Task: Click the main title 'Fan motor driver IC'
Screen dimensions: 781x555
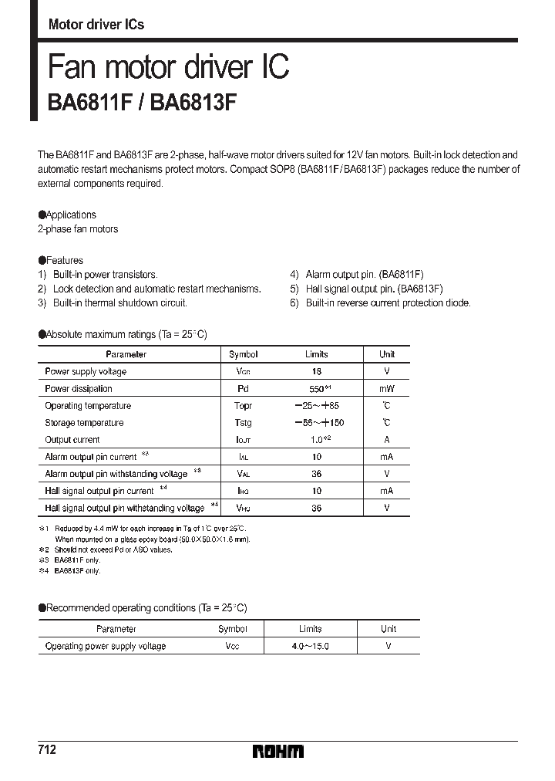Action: click(169, 68)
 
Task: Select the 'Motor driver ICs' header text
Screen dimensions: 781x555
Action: click(96, 25)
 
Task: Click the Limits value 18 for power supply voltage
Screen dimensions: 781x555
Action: click(316, 371)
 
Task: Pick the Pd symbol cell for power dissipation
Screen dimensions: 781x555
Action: click(243, 388)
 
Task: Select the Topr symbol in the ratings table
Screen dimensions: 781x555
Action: click(243, 405)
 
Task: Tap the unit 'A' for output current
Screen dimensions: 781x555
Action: click(387, 439)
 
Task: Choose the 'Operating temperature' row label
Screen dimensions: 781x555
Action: click(88, 405)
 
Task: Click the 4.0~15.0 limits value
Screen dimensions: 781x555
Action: click(310, 646)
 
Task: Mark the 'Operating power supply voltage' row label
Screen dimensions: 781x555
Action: click(106, 646)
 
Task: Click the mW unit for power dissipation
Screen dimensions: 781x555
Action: click(387, 388)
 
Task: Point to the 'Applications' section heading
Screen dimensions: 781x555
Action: click(70, 215)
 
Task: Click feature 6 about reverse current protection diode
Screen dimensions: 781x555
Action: click(388, 303)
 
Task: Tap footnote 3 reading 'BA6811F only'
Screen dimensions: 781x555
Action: click(77, 560)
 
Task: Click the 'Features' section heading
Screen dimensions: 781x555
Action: click(64, 260)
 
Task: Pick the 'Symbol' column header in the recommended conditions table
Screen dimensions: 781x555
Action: click(233, 629)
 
